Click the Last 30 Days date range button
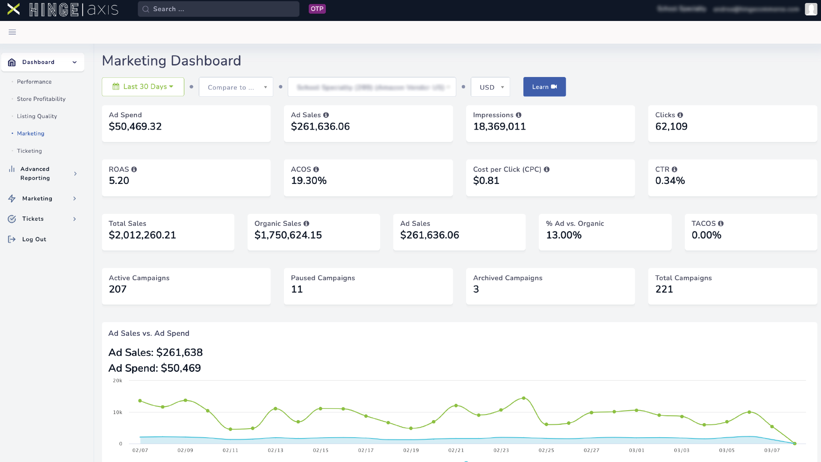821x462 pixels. point(143,87)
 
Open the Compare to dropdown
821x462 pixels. point(236,87)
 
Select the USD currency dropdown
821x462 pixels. point(490,87)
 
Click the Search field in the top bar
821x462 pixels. point(219,9)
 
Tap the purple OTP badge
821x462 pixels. point(317,9)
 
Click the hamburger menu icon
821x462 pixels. point(12,32)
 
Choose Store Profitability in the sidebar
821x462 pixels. point(41,99)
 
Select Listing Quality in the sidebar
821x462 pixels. point(37,116)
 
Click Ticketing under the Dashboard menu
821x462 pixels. point(30,151)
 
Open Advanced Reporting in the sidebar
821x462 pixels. point(35,174)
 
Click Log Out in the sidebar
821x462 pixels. point(34,240)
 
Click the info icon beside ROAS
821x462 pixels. point(134,169)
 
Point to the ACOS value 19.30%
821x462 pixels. point(309,181)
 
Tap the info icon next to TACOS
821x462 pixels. point(721,224)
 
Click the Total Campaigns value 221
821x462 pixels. point(664,290)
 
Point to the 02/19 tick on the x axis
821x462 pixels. point(411,450)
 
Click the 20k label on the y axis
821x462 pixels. point(118,381)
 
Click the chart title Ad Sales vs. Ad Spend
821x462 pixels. point(149,334)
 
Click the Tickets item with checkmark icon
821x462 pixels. point(33,219)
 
